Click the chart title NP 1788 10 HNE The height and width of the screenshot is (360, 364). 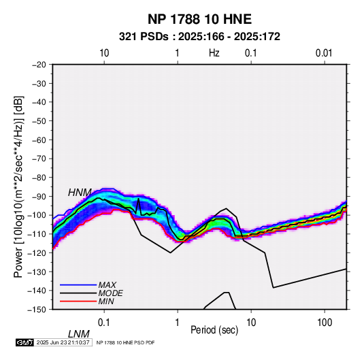199,19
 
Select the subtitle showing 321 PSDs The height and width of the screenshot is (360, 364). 199,37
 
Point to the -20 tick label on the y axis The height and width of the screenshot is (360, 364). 39,65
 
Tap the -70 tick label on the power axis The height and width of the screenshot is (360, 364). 39,159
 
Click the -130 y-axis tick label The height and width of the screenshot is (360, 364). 37,272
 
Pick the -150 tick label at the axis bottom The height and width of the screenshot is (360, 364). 37,310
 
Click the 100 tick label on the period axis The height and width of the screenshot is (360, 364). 325,323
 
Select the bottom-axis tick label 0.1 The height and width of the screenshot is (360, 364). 104,323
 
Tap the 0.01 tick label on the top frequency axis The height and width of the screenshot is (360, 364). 324,53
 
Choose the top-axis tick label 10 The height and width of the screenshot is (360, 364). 104,53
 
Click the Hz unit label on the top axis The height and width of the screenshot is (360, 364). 214,53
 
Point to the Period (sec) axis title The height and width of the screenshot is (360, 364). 214,330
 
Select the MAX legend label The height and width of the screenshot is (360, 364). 107,284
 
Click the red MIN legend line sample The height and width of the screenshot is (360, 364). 78,301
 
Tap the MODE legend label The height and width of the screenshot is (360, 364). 110,293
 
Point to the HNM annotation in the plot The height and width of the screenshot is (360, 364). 80,193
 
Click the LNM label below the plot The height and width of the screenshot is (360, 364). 79,334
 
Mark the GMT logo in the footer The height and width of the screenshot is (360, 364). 25,342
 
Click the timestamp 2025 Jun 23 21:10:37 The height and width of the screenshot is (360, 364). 63,342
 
